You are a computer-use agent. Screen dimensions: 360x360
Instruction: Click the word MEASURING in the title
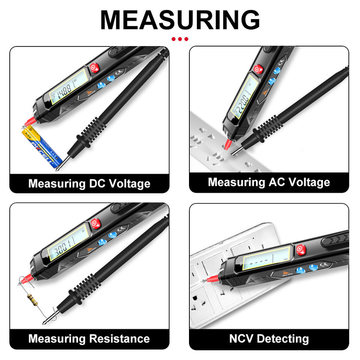(x=180, y=19)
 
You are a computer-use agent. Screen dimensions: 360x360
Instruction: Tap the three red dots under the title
(x=180, y=39)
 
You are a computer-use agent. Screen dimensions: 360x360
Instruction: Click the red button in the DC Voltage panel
(x=94, y=68)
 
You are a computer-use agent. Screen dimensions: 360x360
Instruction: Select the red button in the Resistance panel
(x=95, y=223)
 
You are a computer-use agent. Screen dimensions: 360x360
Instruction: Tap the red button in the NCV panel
(x=300, y=249)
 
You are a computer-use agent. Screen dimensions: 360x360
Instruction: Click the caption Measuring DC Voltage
(x=89, y=184)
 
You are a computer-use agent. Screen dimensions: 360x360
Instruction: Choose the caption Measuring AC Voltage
(x=269, y=182)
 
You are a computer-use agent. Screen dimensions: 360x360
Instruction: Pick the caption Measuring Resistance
(x=89, y=339)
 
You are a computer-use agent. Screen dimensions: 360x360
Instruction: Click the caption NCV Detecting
(x=269, y=339)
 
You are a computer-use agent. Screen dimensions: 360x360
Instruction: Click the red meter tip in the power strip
(x=227, y=144)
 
